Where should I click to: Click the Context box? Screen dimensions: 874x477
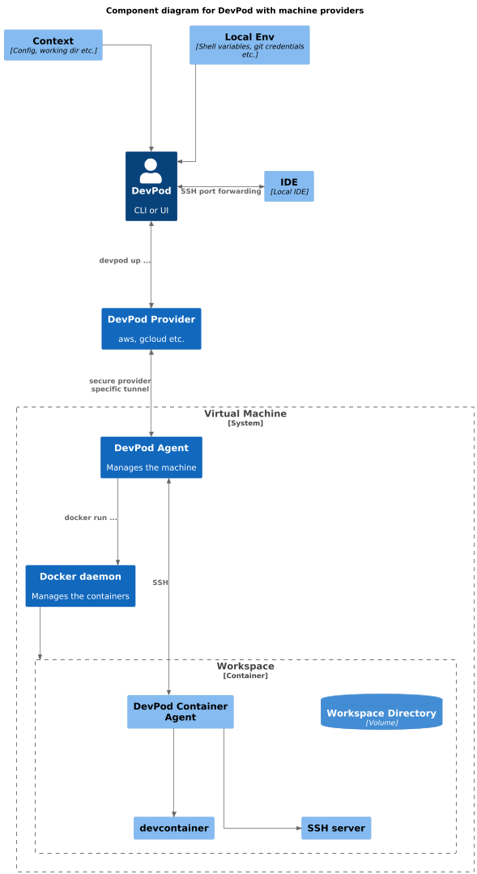pyautogui.click(x=53, y=45)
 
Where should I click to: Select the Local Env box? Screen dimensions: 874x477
pyautogui.click(x=249, y=45)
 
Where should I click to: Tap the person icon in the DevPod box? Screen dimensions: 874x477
pyautogui.click(x=151, y=170)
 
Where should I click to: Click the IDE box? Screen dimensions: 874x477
pyautogui.click(x=288, y=185)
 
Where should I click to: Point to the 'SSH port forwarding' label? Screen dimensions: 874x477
pyautogui.click(x=221, y=191)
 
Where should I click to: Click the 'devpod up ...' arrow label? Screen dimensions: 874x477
pyautogui.click(x=125, y=261)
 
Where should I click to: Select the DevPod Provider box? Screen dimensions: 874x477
pyautogui.click(x=151, y=328)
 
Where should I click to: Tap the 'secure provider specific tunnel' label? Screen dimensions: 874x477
pyautogui.click(x=119, y=385)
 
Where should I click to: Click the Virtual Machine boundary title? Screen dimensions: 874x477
pyautogui.click(x=245, y=414)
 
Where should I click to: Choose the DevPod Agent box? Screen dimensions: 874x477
pyautogui.click(x=151, y=457)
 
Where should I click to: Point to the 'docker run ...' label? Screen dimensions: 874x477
pyautogui.click(x=91, y=518)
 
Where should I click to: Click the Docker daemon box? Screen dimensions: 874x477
pyautogui.click(x=80, y=586)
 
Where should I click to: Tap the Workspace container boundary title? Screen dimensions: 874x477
pyautogui.click(x=245, y=667)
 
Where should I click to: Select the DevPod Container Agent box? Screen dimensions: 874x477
pyautogui.click(x=180, y=711)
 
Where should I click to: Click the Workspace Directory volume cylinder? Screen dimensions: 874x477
pyautogui.click(x=381, y=712)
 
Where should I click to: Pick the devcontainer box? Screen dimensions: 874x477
pyautogui.click(x=174, y=828)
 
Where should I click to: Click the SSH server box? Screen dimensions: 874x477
pyautogui.click(x=336, y=828)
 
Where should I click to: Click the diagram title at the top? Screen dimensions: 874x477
pyautogui.click(x=235, y=11)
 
